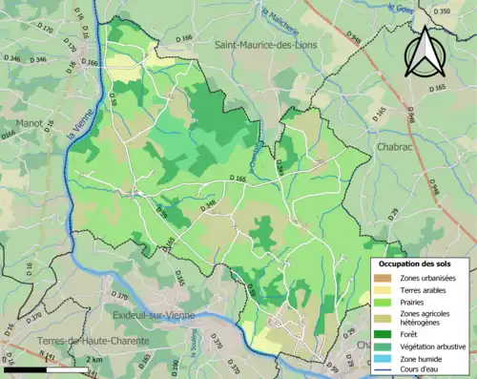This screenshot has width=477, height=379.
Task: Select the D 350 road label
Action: (x=440, y=11)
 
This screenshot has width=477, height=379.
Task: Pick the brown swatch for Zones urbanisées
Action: (x=385, y=278)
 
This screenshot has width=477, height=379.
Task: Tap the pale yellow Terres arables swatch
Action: (x=385, y=291)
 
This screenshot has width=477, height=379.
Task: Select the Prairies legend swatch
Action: (x=385, y=305)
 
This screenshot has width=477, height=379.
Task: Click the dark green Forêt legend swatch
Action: (x=385, y=334)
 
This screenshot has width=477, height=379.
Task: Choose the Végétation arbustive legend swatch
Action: (x=385, y=346)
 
